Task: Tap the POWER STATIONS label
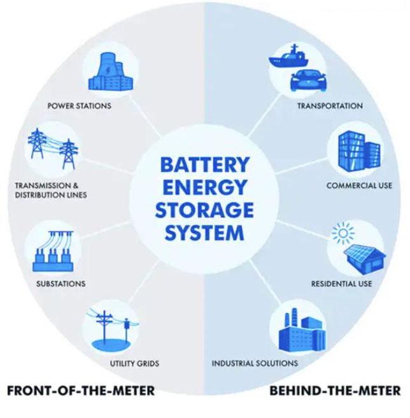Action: [80, 106]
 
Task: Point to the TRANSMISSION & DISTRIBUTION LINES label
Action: [51, 191]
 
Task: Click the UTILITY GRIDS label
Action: [131, 364]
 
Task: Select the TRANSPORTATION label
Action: [330, 106]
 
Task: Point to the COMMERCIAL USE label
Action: [353, 187]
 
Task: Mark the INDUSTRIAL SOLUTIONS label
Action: [255, 364]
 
